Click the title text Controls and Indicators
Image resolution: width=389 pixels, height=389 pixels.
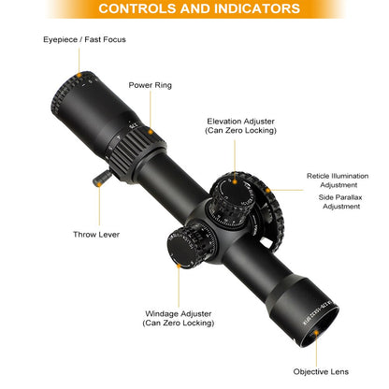point(199,8)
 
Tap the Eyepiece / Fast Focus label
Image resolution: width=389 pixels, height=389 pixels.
point(84,39)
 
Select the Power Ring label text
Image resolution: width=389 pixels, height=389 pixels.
point(151,85)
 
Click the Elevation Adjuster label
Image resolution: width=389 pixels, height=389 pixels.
point(240,125)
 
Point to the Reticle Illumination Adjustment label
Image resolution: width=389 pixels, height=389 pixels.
point(338,180)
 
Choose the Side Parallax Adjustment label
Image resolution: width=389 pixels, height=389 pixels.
point(340,202)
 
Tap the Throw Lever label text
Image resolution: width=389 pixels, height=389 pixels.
point(96,235)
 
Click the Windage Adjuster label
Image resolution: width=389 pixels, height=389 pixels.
point(179,318)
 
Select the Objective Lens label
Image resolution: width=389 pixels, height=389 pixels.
point(321,371)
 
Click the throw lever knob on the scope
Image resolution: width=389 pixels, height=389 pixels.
point(102,179)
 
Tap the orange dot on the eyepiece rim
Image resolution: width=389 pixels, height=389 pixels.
point(79,75)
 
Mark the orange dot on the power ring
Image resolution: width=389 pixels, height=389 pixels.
point(151,132)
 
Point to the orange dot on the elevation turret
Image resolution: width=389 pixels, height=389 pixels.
point(235,181)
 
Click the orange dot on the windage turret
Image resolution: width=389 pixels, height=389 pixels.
point(179,266)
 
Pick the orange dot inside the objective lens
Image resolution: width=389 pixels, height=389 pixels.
point(316,333)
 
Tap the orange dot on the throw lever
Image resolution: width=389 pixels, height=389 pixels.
point(99,184)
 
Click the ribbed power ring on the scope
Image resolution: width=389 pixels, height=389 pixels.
point(137,151)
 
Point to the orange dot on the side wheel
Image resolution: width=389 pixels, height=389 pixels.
point(267,190)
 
